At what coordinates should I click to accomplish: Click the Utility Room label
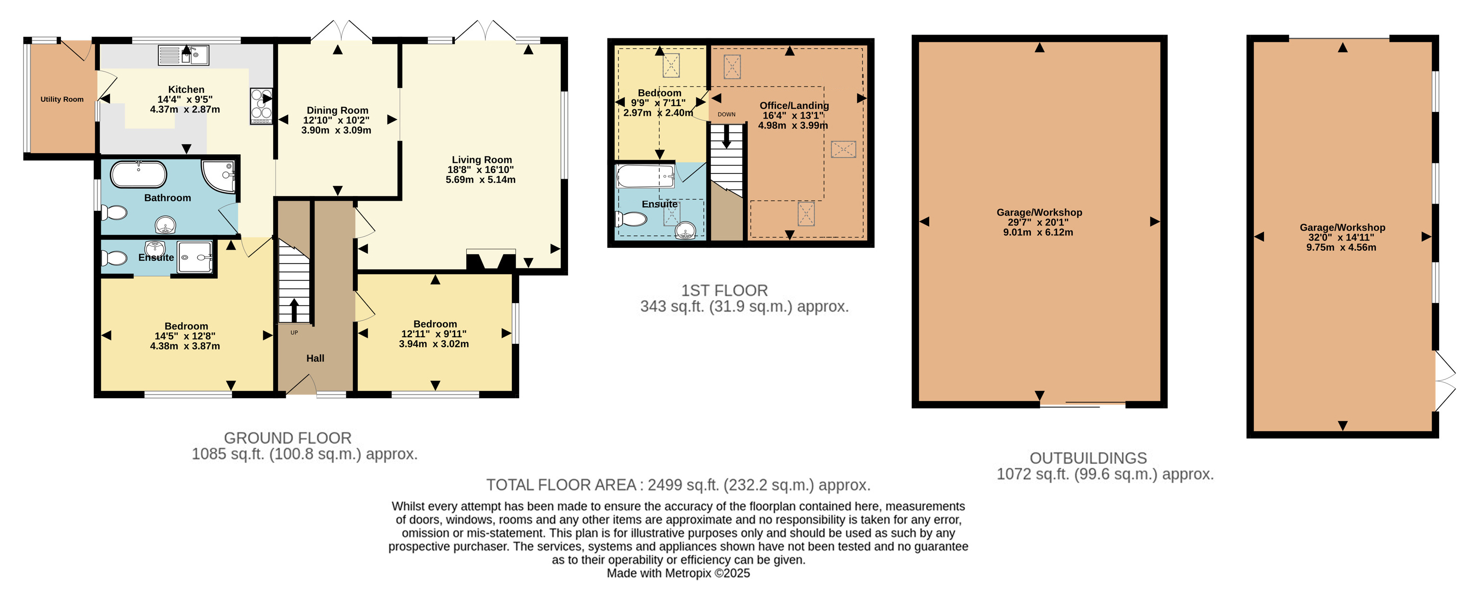pos(62,99)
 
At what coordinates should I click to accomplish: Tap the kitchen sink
pos(183,55)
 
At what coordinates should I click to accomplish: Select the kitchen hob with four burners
pos(261,106)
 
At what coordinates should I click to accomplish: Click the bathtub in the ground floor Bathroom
pos(139,174)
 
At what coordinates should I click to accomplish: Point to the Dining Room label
pos(338,110)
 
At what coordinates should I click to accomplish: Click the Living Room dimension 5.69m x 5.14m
pos(481,180)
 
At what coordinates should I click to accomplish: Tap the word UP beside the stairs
pos(294,332)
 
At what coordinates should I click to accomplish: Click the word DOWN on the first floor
pos(726,114)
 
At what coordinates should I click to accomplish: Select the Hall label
pos(315,358)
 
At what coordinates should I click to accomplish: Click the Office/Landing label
pos(794,106)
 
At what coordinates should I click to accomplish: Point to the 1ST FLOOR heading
pos(724,291)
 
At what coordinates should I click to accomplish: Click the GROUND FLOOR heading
pos(288,438)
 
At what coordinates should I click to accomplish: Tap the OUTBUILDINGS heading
pos(1088,458)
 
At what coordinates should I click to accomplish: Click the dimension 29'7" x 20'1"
pos(1038,222)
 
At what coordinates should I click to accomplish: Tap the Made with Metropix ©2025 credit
pos(679,573)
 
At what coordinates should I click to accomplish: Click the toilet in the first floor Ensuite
pos(631,219)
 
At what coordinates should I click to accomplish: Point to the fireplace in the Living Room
pos(491,260)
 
